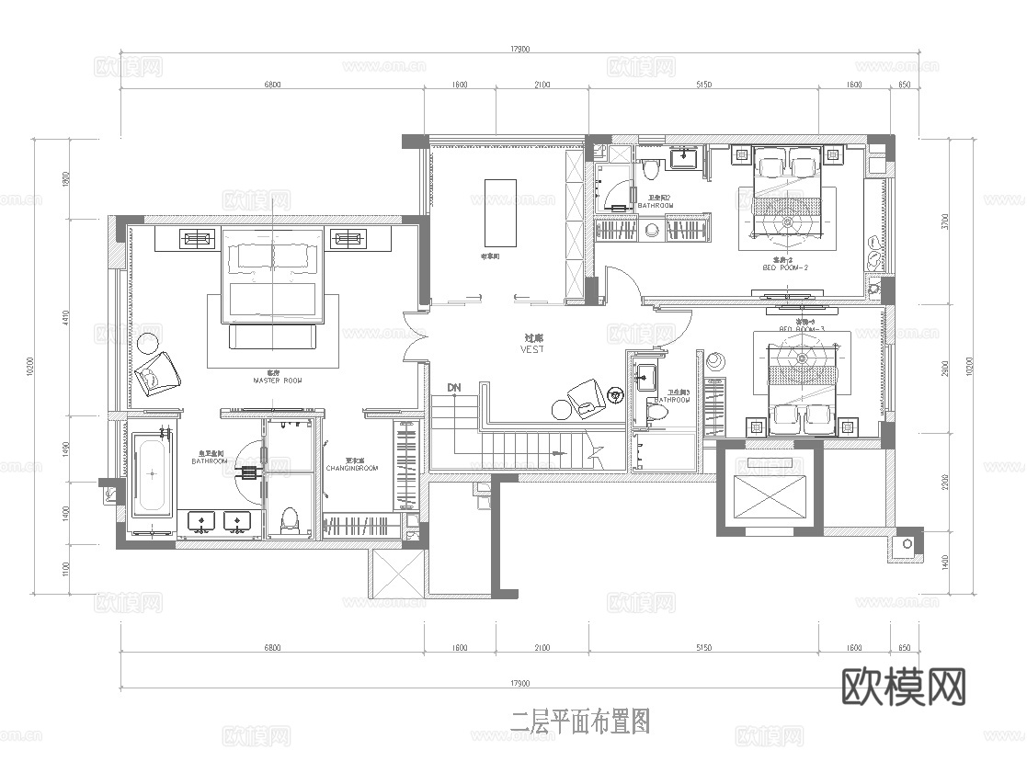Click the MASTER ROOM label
pyautogui.click(x=277, y=380)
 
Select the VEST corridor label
pyautogui.click(x=532, y=349)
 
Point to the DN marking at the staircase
pyautogui.click(x=453, y=388)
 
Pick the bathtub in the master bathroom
pyautogui.click(x=151, y=474)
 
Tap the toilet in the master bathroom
pyautogui.click(x=291, y=520)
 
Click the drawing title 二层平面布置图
pyautogui.click(x=580, y=722)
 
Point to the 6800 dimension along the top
pyautogui.click(x=272, y=85)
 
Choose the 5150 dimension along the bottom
pyautogui.click(x=703, y=648)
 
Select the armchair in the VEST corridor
pyautogui.click(x=586, y=396)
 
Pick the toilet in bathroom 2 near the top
pyautogui.click(x=651, y=168)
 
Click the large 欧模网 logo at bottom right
pyautogui.click(x=904, y=686)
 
